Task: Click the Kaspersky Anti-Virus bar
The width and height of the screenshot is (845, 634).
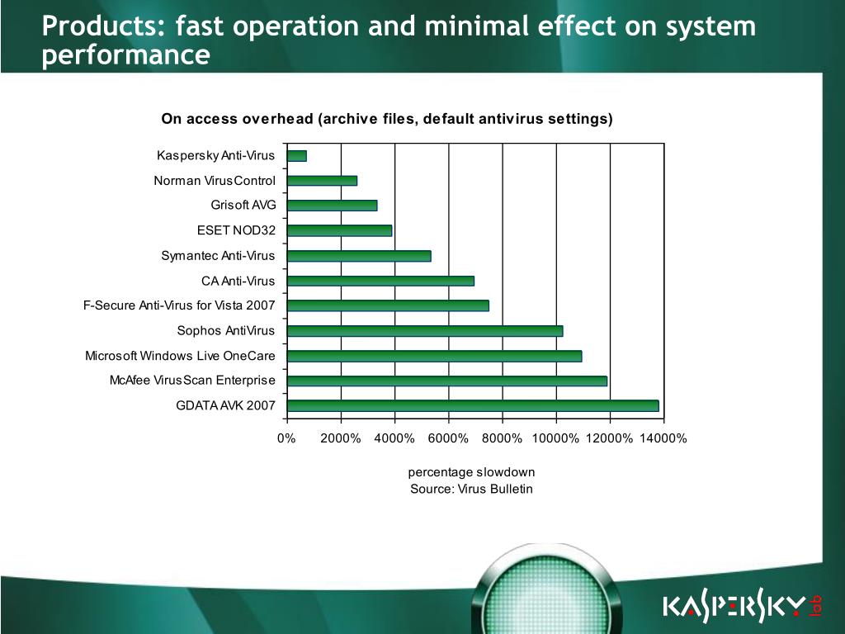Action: click(x=297, y=156)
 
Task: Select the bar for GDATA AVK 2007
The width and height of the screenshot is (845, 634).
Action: click(x=473, y=406)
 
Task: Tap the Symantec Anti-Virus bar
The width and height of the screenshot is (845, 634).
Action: click(x=359, y=256)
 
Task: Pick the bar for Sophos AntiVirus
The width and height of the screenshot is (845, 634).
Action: click(x=425, y=331)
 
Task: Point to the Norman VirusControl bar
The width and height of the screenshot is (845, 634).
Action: click(x=323, y=181)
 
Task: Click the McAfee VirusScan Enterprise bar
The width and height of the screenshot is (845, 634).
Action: click(x=447, y=381)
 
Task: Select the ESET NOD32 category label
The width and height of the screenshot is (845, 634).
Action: click(x=236, y=230)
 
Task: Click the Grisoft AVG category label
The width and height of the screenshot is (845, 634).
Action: click(x=243, y=205)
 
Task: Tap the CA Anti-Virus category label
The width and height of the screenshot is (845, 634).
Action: click(x=238, y=281)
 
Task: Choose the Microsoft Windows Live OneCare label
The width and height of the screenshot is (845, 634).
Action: click(x=180, y=356)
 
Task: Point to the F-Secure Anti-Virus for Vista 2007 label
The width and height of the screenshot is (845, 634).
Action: click(x=179, y=305)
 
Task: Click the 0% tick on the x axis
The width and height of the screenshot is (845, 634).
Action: click(x=286, y=438)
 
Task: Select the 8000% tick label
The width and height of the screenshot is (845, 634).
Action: click(x=502, y=438)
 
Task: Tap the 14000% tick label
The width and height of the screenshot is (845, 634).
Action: click(x=663, y=438)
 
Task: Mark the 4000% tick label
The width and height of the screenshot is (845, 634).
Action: click(x=394, y=438)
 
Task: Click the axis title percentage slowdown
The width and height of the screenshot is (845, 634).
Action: click(x=471, y=472)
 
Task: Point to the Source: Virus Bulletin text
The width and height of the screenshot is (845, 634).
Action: click(x=471, y=489)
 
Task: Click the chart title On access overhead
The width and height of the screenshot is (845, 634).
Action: click(x=387, y=119)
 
